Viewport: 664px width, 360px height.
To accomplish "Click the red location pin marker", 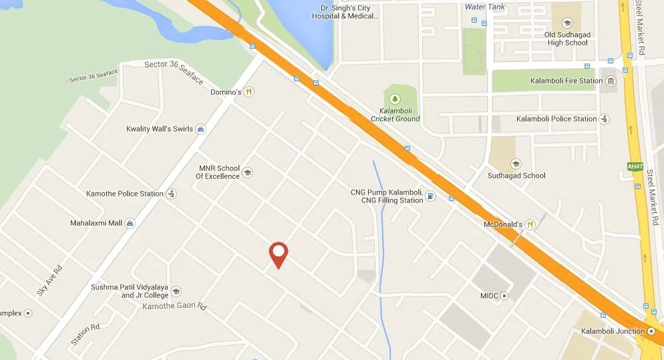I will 279,254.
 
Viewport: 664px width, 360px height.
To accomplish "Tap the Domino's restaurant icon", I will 249,92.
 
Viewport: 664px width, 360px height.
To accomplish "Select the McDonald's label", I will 502,224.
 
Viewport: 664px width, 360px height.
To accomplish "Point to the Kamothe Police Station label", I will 124,194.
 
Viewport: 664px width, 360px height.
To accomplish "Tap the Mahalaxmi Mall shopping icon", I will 130,223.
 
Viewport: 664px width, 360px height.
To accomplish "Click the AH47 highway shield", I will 634,166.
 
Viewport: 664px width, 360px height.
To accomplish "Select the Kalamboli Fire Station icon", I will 611,81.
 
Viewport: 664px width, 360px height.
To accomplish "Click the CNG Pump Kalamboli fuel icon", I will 431,196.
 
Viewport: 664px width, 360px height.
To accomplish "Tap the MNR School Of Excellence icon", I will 247,172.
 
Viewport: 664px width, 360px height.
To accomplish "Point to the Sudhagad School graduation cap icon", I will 515,164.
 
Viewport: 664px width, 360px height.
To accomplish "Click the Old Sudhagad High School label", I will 566,39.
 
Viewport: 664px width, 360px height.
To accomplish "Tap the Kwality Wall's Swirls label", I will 159,129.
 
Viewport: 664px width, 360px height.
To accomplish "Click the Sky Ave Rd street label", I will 49,281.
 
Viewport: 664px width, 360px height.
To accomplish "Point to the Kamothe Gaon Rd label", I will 175,306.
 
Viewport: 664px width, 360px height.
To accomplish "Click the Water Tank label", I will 484,7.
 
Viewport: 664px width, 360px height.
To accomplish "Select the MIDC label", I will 490,295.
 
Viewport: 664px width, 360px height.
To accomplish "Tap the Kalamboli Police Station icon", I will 604,119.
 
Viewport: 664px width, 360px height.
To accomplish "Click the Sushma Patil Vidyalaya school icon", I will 176,291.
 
